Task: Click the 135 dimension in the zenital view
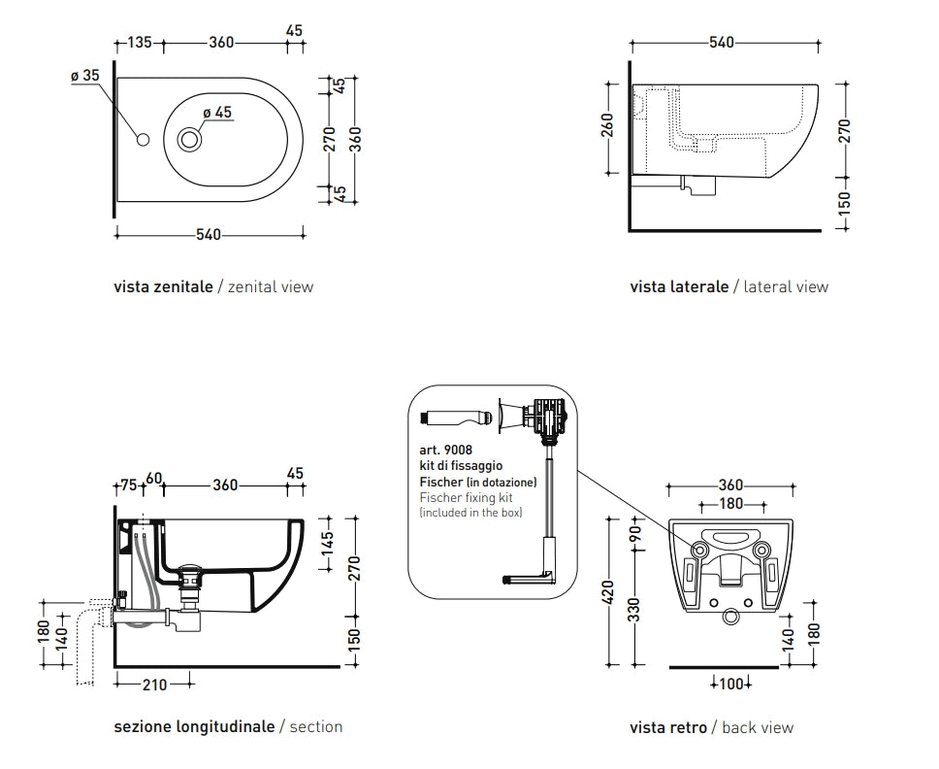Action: (x=141, y=42)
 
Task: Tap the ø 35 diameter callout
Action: (x=85, y=75)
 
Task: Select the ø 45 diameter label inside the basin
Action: (x=217, y=113)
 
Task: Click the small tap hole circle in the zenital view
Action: (x=145, y=140)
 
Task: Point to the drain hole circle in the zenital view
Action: (x=189, y=140)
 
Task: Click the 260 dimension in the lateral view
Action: (x=608, y=126)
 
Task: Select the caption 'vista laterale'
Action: (x=679, y=286)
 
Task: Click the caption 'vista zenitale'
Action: (x=163, y=286)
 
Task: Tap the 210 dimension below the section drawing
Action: (x=154, y=685)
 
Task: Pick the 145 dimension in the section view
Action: (x=327, y=540)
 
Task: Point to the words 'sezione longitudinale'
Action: (x=194, y=726)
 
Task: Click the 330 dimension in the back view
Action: (x=635, y=610)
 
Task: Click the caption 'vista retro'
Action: (x=668, y=727)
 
